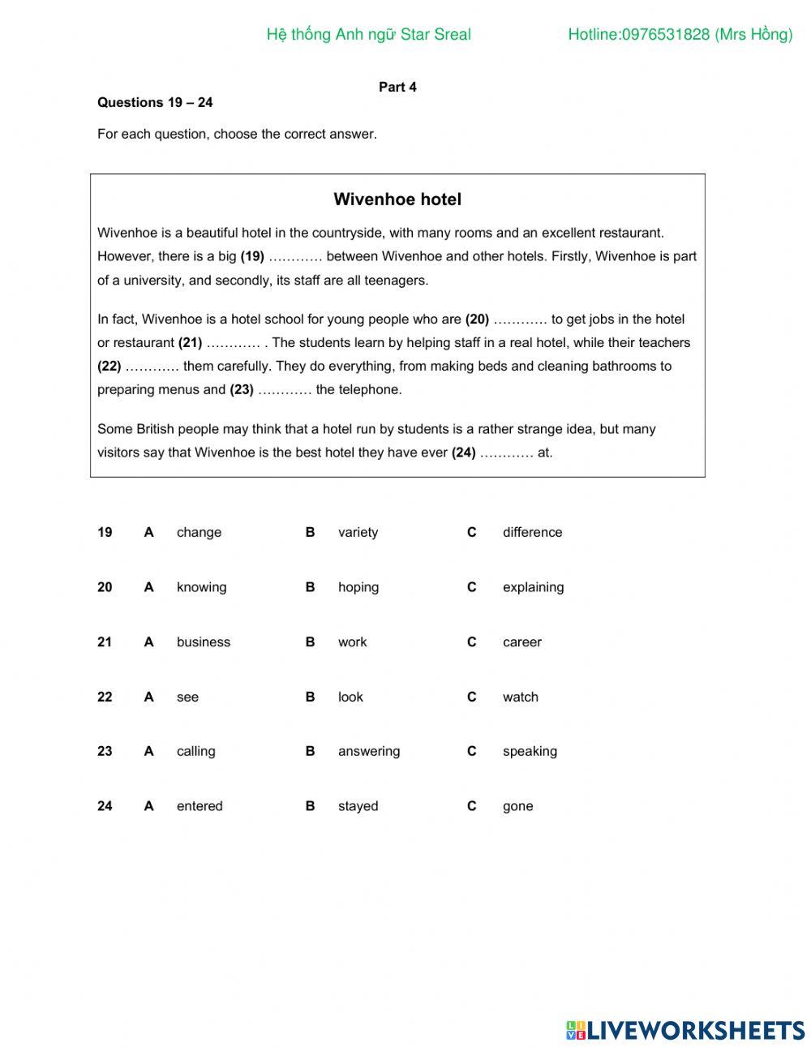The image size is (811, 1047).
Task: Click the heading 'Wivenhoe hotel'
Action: tap(397, 200)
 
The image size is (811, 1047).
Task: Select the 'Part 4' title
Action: tap(397, 87)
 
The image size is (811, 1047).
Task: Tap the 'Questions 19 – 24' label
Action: tap(155, 102)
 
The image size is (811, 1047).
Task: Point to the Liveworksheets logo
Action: tap(685, 1030)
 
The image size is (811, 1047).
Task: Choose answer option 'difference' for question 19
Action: tap(532, 533)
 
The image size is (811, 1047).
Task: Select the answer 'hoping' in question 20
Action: tap(358, 587)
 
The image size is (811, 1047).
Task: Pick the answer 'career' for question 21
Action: tap(521, 642)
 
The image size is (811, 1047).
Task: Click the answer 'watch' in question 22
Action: tap(520, 697)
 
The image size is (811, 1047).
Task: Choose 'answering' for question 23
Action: tap(369, 752)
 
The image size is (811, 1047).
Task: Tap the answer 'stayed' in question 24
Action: tap(358, 806)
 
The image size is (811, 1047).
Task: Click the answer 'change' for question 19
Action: tap(199, 533)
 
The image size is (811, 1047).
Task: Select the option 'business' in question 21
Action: tap(204, 642)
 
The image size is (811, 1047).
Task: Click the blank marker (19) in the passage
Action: tap(252, 256)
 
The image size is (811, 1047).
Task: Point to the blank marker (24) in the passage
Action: tap(464, 453)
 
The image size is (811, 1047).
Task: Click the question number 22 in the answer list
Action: tap(105, 697)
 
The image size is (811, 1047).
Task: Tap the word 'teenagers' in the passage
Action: tap(397, 281)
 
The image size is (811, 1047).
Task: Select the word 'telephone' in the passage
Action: tap(370, 390)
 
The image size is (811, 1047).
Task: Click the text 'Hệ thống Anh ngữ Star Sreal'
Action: tap(368, 34)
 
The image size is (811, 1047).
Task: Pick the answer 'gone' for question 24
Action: tap(517, 806)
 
